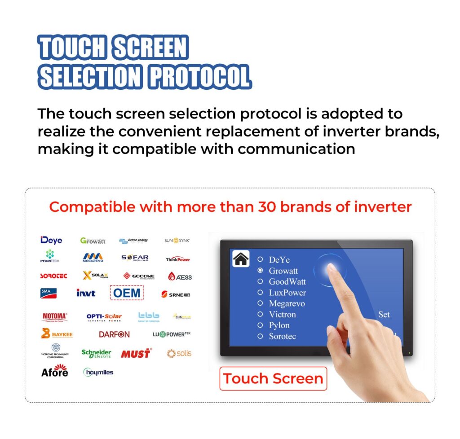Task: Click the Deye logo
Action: (51, 240)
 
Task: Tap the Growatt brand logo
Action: (93, 241)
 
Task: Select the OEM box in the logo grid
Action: (127, 293)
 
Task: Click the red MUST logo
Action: (136, 354)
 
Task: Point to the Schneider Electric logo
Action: (96, 354)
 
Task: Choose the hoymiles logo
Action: (98, 372)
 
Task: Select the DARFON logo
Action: (114, 334)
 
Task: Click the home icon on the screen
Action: (241, 259)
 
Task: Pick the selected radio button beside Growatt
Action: (260, 271)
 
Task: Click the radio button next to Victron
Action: (260, 314)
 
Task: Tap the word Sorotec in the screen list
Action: (282, 336)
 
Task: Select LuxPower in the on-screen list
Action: (287, 293)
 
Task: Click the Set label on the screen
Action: (384, 315)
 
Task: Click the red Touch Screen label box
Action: (273, 378)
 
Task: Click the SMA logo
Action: (49, 293)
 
